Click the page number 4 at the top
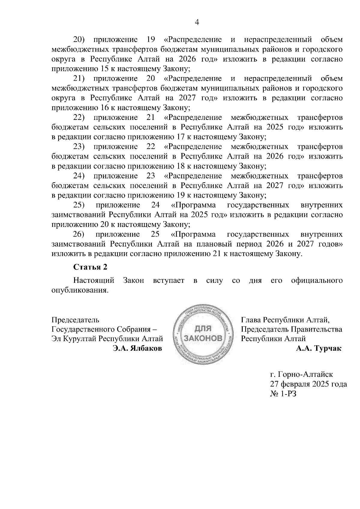click(197, 22)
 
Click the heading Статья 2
click(90, 267)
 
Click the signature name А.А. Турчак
click(319, 348)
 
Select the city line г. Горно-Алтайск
click(301, 374)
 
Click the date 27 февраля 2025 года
click(308, 384)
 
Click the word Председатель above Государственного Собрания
click(75, 320)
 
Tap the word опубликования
click(79, 290)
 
